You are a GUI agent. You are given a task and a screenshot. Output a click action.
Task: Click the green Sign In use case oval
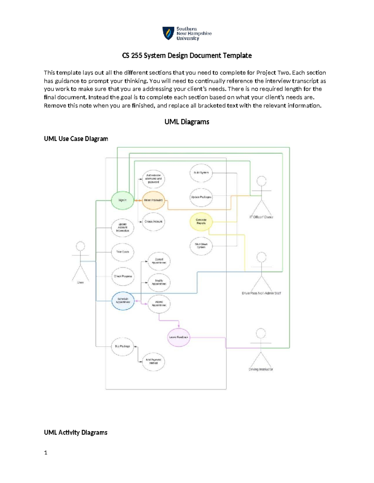[x=122, y=200]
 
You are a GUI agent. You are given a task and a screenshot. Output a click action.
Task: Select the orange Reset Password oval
[x=153, y=200]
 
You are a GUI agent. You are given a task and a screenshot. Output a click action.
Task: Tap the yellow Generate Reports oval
[x=201, y=221]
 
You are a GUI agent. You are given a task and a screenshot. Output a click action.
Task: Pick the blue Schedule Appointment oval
[x=123, y=300]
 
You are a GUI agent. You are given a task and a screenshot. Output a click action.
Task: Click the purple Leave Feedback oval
[x=179, y=337]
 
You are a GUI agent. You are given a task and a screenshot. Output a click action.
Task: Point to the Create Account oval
[x=153, y=221]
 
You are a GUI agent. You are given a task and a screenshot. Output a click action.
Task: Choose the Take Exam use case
[x=122, y=252]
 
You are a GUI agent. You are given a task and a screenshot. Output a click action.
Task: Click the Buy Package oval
[x=122, y=346]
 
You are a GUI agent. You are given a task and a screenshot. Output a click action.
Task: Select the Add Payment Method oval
[x=153, y=361]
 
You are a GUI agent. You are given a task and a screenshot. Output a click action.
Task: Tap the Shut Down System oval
[x=201, y=246]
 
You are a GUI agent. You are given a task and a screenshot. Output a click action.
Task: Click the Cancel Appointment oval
[x=159, y=261]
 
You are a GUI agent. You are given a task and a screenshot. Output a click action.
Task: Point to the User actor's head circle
[x=81, y=246]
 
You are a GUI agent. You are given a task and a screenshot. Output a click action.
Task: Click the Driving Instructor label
[x=261, y=369]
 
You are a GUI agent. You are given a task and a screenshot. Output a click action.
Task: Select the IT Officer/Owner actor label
[x=261, y=217]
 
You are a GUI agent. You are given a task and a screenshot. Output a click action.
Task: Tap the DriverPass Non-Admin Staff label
[x=261, y=293]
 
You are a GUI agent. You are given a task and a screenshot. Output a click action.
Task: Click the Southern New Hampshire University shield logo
[x=168, y=33]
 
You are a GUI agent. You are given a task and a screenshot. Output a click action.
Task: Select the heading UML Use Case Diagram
[x=76, y=139]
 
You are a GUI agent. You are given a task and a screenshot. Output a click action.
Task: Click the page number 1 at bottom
[x=46, y=453]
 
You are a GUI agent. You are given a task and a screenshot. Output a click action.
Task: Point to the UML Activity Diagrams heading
[x=76, y=432]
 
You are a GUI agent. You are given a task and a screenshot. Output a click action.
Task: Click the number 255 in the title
[x=137, y=56]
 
